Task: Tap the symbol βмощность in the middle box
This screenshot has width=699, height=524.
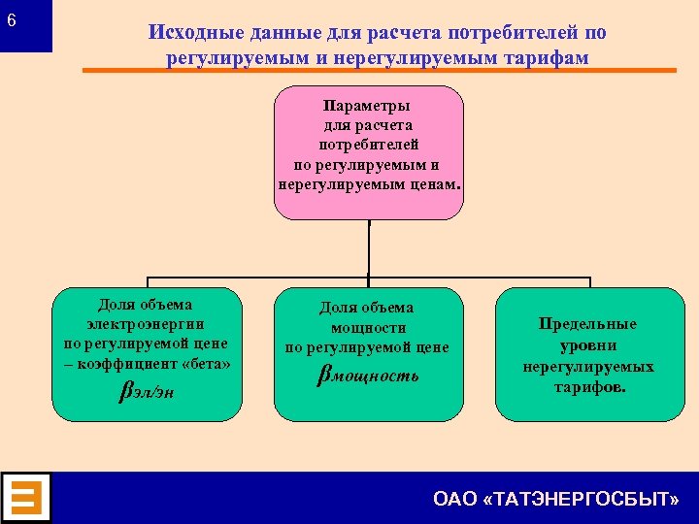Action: tap(369, 374)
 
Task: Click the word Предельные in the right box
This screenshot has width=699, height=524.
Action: tap(588, 325)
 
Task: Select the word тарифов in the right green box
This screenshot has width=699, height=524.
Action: tap(589, 386)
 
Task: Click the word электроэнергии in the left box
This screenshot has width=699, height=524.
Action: tap(146, 324)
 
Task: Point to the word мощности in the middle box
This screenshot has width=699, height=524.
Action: tap(368, 328)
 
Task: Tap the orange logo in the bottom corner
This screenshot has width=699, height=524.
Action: tap(26, 498)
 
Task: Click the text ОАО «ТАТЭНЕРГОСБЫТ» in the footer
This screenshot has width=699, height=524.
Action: tap(555, 499)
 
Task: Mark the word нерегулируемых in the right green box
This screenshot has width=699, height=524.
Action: tap(588, 367)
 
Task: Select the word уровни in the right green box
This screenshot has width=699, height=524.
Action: tap(588, 345)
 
